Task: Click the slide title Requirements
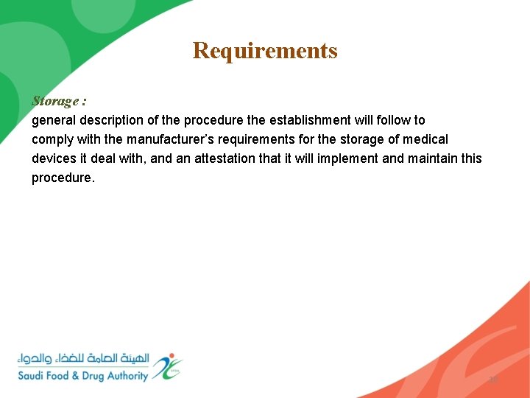265,51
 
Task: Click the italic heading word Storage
55,101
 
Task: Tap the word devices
54,158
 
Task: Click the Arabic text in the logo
83,359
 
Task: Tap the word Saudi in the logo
34,376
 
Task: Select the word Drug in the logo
93,376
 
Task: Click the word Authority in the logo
130,376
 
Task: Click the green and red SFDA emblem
168,366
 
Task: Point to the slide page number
493,380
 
